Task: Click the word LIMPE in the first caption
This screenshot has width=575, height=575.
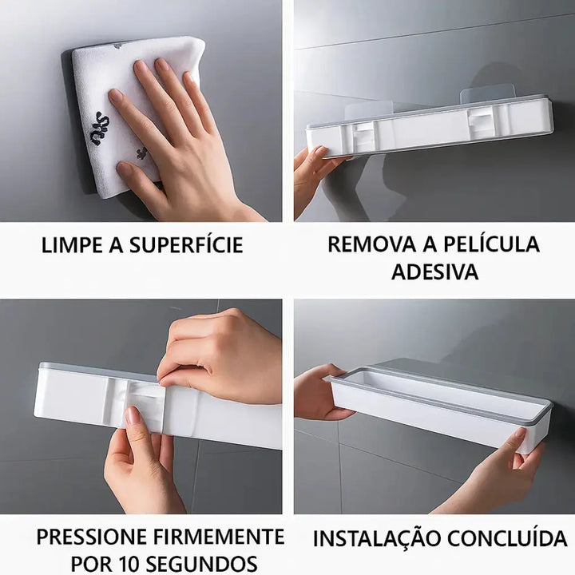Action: click(72, 245)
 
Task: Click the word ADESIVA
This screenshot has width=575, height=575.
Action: click(435, 272)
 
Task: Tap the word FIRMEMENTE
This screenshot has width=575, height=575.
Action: click(219, 537)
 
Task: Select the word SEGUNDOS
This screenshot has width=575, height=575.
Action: click(201, 564)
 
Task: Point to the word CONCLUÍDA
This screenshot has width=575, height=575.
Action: click(507, 538)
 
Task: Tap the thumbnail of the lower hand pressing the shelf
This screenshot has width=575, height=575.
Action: click(131, 416)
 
